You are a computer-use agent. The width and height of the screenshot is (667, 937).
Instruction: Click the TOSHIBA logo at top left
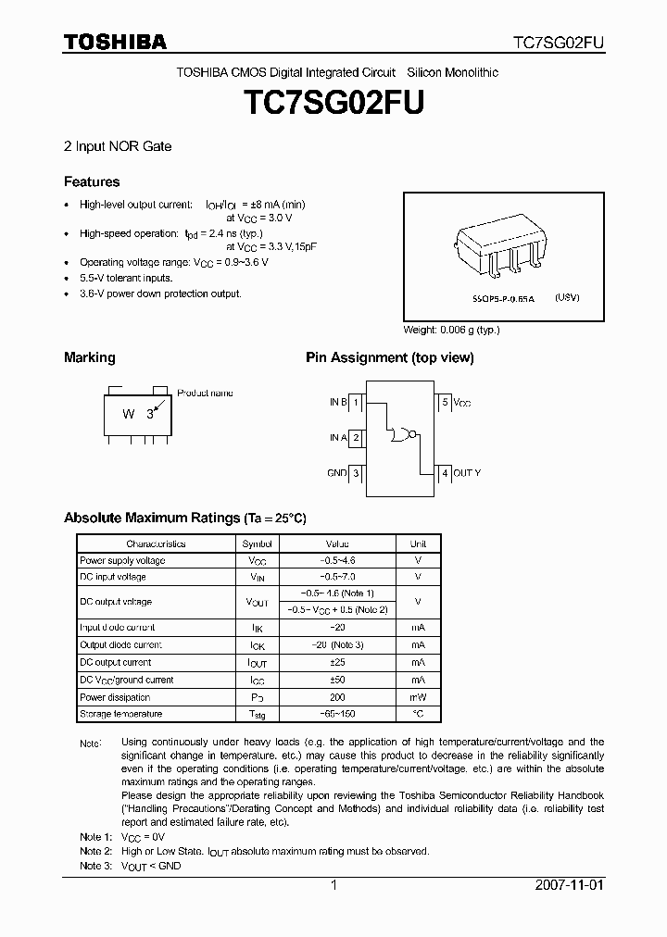pyautogui.click(x=115, y=42)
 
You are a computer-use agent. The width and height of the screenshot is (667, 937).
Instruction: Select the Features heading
pyautogui.click(x=92, y=181)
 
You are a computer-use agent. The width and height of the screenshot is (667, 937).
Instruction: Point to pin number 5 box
pyautogui.click(x=445, y=402)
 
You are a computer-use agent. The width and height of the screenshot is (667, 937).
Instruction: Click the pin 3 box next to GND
pyautogui.click(x=356, y=473)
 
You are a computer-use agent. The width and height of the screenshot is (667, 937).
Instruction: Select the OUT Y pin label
pyautogui.click(x=467, y=473)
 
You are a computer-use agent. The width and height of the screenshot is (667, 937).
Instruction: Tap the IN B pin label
pyautogui.click(x=337, y=402)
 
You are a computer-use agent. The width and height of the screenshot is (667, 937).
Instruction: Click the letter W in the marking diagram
pyautogui.click(x=129, y=414)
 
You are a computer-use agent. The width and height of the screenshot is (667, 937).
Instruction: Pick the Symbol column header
pyautogui.click(x=258, y=543)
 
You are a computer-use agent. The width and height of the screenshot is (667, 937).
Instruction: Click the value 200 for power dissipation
pyautogui.click(x=337, y=697)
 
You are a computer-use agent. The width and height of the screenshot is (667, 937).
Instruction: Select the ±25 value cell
pyautogui.click(x=337, y=662)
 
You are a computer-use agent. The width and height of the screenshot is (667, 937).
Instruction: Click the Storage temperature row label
pyautogui.click(x=121, y=714)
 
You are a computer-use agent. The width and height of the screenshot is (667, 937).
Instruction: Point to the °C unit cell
pyautogui.click(x=418, y=714)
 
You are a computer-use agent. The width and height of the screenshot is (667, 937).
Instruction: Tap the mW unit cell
pyautogui.click(x=418, y=697)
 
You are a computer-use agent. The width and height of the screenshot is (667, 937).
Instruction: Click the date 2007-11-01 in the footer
pyautogui.click(x=569, y=885)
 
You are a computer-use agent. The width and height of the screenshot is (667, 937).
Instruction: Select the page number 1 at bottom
pyautogui.click(x=333, y=885)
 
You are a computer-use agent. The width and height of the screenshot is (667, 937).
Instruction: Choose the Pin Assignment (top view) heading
pyautogui.click(x=389, y=357)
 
